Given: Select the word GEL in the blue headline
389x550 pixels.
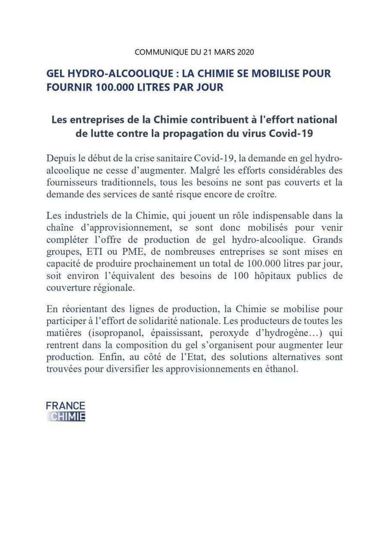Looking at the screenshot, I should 57,74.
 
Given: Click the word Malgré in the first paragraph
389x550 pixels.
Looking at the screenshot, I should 205,171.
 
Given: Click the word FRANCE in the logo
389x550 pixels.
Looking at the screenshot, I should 66,406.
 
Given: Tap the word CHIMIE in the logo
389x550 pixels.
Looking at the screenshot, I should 68,416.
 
